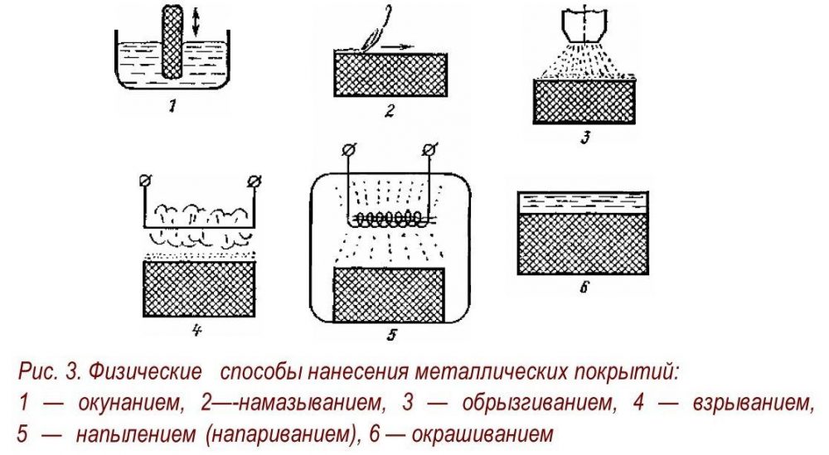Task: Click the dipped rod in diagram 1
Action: coord(172,41)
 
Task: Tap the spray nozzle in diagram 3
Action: coord(585,26)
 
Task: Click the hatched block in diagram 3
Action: coord(585,101)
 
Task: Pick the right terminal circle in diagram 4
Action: coord(254,179)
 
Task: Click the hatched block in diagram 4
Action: coord(199,290)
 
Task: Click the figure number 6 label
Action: coord(584,292)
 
